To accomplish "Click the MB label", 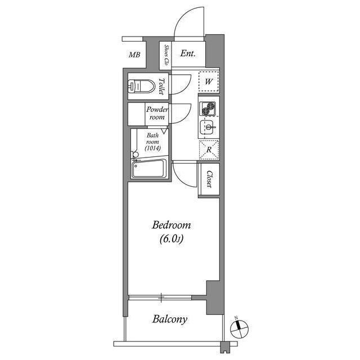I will click(x=134, y=55).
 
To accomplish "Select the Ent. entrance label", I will click(x=188, y=54).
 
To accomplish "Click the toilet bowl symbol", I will click(x=141, y=87).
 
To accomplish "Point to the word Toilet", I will click(x=161, y=87).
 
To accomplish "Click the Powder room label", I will click(x=157, y=113).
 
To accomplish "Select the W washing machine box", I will click(x=208, y=82).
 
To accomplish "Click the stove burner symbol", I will click(x=208, y=107).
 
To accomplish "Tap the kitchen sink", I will click(x=208, y=128).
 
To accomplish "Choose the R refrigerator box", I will click(x=208, y=150).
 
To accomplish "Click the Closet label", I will click(x=209, y=180).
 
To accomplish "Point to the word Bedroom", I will click(x=172, y=225).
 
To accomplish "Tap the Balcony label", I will click(x=170, y=319).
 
